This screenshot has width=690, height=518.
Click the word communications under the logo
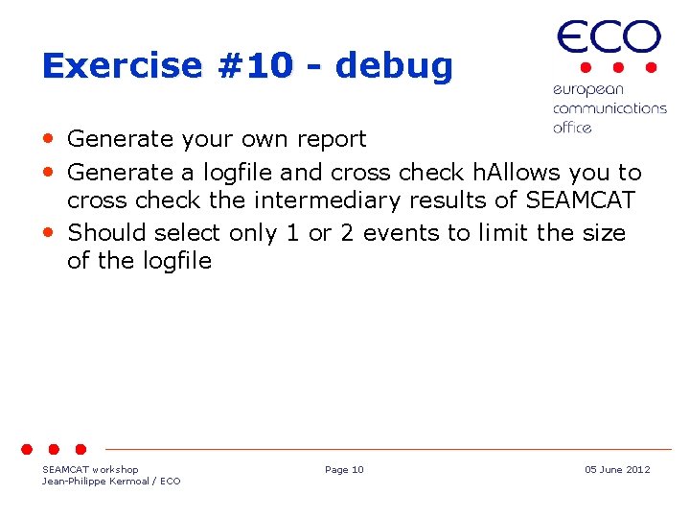[609, 108]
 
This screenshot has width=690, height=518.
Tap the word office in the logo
[572, 128]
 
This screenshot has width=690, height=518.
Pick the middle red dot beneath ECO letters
[618, 68]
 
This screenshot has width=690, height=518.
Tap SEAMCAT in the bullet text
[580, 200]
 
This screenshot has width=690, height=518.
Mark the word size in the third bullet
[601, 233]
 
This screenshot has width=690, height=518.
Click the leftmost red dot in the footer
[29, 449]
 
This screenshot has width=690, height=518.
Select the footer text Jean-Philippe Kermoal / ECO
[111, 481]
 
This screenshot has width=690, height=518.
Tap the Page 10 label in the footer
[344, 469]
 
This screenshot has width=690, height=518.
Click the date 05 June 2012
[617, 469]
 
